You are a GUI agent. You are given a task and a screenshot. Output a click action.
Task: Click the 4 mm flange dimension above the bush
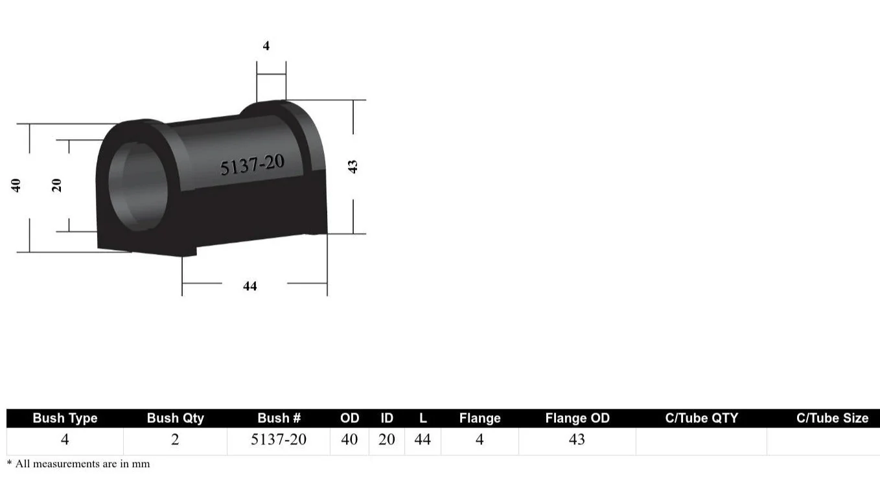266,46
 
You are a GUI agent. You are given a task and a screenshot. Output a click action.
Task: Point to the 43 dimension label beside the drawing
353,166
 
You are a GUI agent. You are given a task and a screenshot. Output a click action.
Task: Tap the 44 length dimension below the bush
250,286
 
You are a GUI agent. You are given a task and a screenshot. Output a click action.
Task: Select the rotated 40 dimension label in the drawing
16,185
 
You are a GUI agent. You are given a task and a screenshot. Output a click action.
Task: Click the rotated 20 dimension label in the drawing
56,185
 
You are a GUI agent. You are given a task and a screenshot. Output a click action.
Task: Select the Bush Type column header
65,418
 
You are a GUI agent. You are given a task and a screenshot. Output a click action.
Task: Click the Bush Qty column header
175,418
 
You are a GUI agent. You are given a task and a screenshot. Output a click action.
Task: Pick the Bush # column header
279,418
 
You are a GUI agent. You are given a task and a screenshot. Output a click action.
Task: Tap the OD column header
349,418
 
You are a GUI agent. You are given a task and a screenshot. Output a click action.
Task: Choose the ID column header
387,418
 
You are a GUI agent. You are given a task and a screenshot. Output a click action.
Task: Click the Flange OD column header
577,418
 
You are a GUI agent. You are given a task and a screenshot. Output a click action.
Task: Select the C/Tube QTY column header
701,418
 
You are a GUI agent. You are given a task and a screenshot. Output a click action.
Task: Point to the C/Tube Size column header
832,418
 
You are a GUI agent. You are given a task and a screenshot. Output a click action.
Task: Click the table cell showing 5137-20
279,440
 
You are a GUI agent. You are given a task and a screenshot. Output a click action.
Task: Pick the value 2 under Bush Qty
175,440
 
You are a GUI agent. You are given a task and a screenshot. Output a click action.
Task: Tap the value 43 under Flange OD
577,440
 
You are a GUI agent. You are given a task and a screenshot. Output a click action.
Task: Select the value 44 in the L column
423,440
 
